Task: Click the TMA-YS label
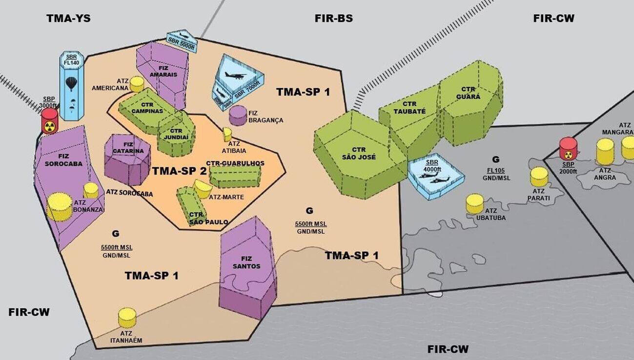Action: tap(68, 19)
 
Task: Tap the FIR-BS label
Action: tap(334, 19)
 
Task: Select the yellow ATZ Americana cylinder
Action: tap(137, 84)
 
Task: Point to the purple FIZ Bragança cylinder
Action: tap(238, 115)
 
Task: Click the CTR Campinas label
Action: tap(147, 108)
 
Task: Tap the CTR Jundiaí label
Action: tap(176, 134)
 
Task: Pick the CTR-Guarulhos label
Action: tap(235, 163)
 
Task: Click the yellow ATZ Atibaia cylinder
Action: tap(227, 134)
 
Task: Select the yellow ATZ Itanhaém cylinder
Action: tap(127, 318)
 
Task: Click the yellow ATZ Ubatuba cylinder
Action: tap(474, 203)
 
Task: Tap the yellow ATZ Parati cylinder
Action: tap(539, 177)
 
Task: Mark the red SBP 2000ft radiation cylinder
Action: tap(568, 148)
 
